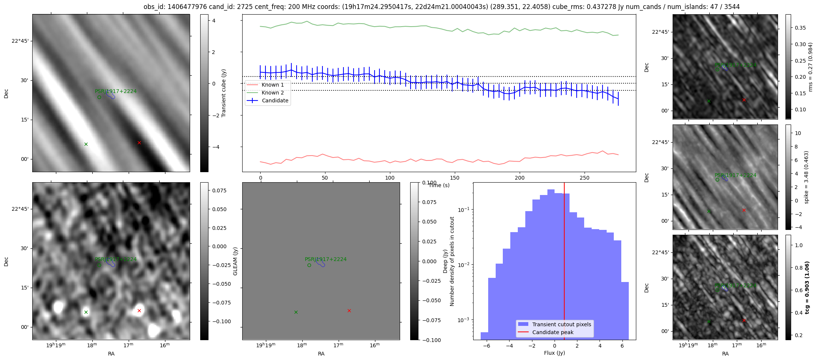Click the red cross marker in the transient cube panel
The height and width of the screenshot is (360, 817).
point(139,142)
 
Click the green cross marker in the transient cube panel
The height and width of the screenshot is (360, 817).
point(86,144)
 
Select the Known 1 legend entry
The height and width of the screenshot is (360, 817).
point(273,85)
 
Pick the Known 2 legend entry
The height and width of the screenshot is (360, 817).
point(273,93)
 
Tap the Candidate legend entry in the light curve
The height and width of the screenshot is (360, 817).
point(275,100)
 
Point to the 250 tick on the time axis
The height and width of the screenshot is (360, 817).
point(585,178)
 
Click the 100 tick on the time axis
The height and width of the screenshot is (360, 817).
point(390,178)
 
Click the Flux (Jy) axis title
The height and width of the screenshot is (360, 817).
point(554,353)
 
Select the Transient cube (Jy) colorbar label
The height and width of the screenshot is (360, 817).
point(224,93)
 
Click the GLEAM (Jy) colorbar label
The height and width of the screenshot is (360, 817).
point(235,261)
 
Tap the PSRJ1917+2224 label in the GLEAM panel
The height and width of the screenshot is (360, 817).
point(325,259)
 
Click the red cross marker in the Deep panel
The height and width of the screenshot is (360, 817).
point(139,310)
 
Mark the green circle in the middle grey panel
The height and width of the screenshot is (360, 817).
point(309,265)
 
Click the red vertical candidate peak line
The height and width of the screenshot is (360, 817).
point(564,255)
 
